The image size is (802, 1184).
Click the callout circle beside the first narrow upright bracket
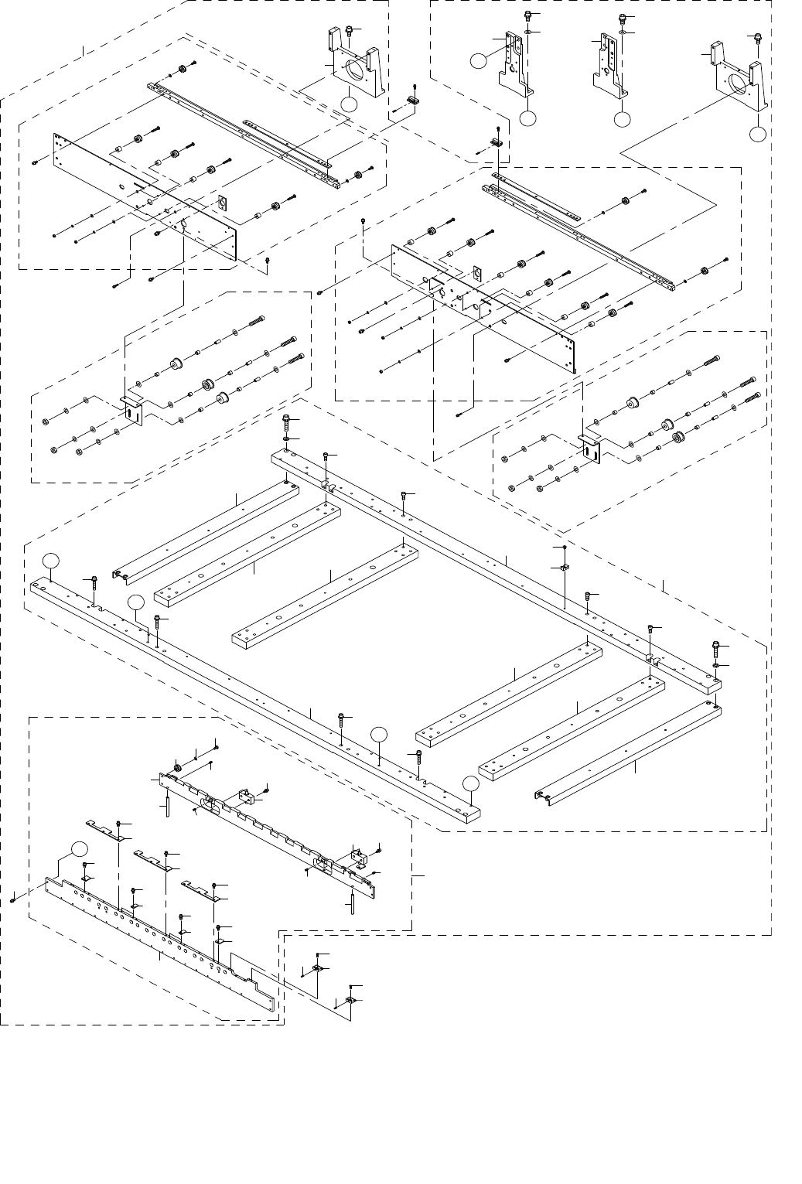coord(479,60)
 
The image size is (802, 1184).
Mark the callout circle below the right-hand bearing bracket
coord(758,135)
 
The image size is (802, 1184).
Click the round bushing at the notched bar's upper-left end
coord(178,766)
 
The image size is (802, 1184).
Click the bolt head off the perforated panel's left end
coord(14,899)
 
